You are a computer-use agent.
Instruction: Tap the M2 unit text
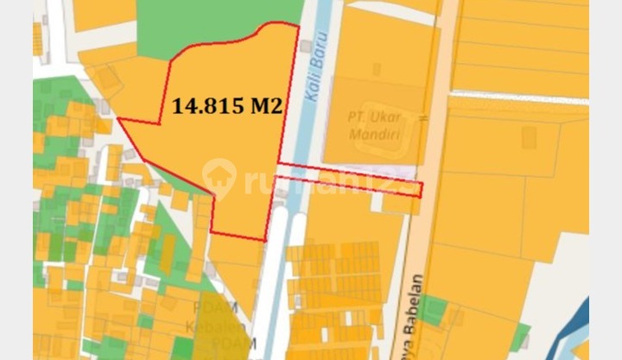(265, 107)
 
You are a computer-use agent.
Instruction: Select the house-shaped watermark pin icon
(219, 179)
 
